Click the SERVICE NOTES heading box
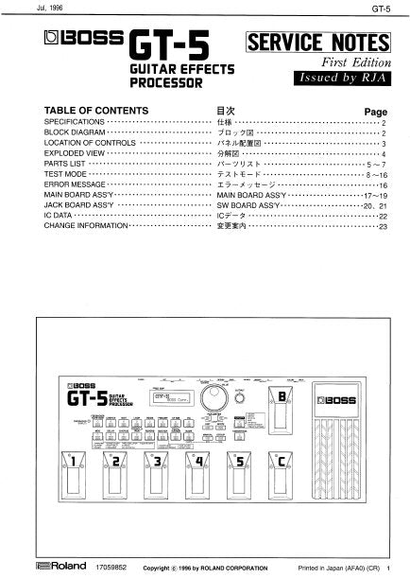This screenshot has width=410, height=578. point(316,43)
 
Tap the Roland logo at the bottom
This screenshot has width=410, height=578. point(43,569)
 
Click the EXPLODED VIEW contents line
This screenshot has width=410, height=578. point(75,154)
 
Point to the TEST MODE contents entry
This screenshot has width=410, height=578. point(65,175)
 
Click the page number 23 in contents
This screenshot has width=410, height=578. point(383,227)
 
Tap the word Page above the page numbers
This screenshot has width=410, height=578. point(375,111)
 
